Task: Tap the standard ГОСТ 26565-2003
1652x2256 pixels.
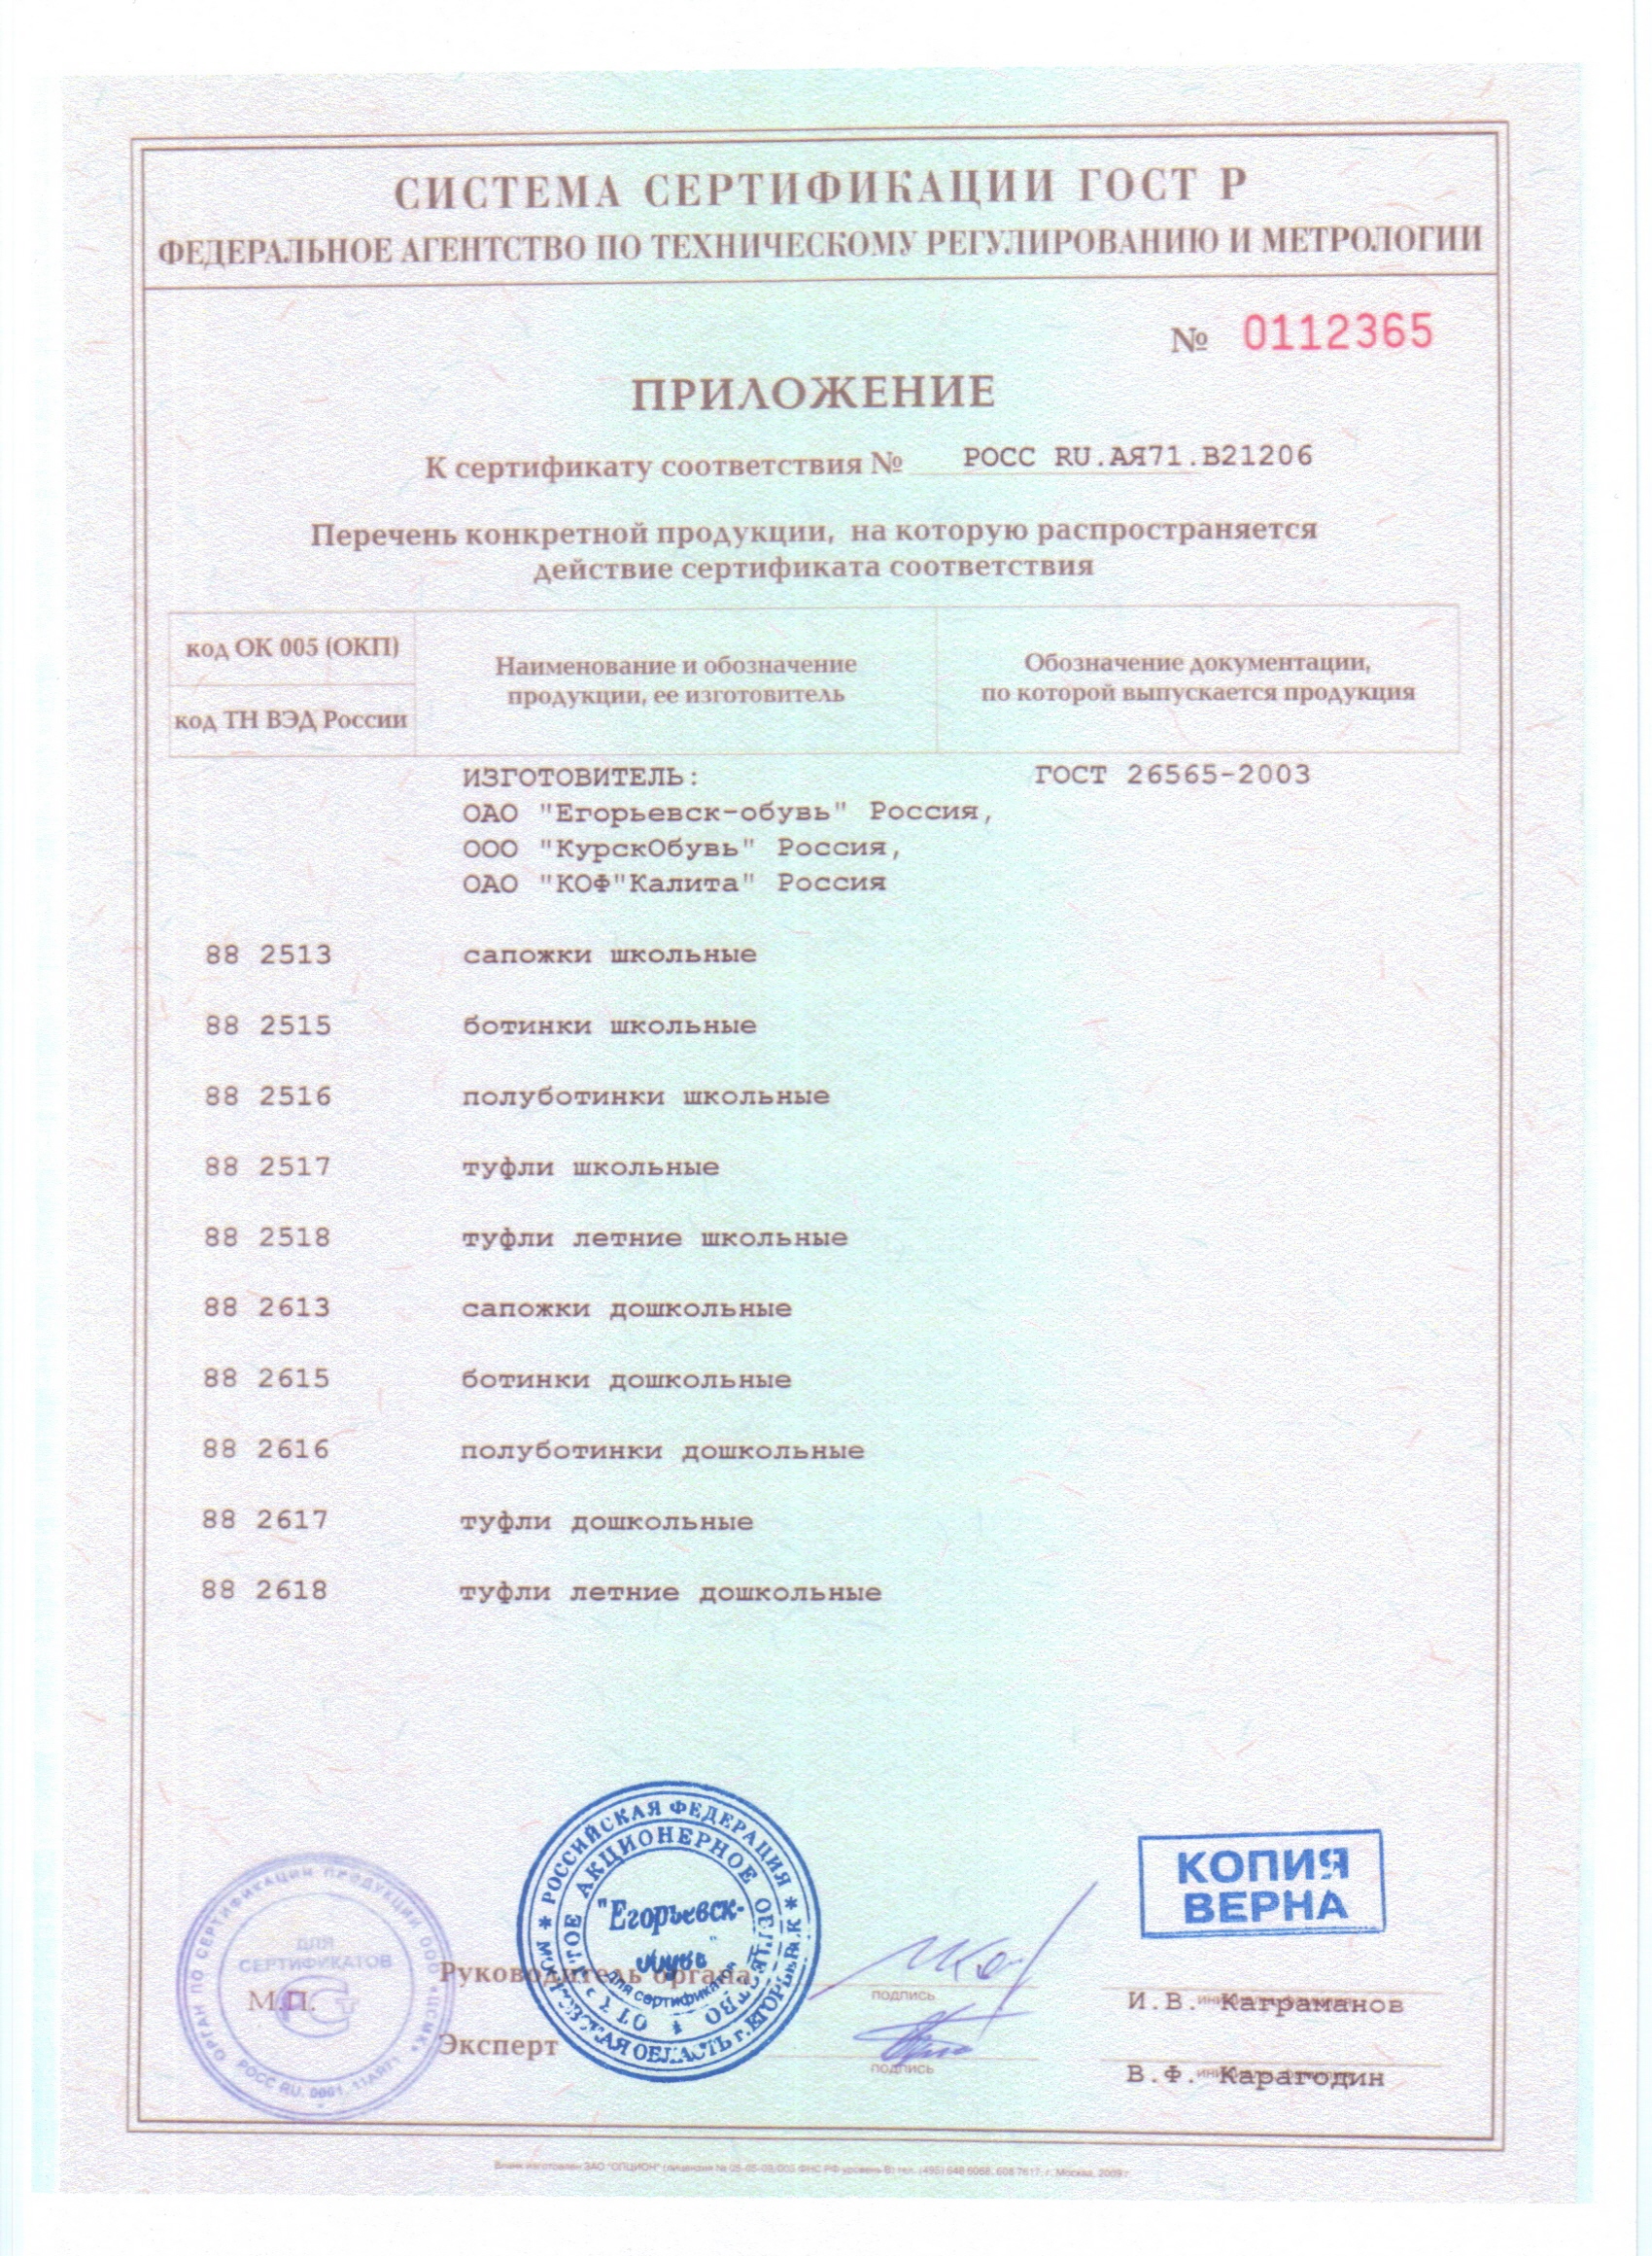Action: tap(1172, 775)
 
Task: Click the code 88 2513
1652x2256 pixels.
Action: tap(267, 955)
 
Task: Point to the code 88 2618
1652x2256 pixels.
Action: tap(265, 1590)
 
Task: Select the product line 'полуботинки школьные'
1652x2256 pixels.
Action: tap(645, 1096)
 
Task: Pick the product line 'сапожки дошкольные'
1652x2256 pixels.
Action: tap(627, 1308)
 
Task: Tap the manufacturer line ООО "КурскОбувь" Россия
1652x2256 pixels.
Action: tap(683, 848)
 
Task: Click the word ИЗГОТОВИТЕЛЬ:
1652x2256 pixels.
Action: tap(577, 777)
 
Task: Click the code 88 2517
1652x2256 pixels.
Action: tap(267, 1167)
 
